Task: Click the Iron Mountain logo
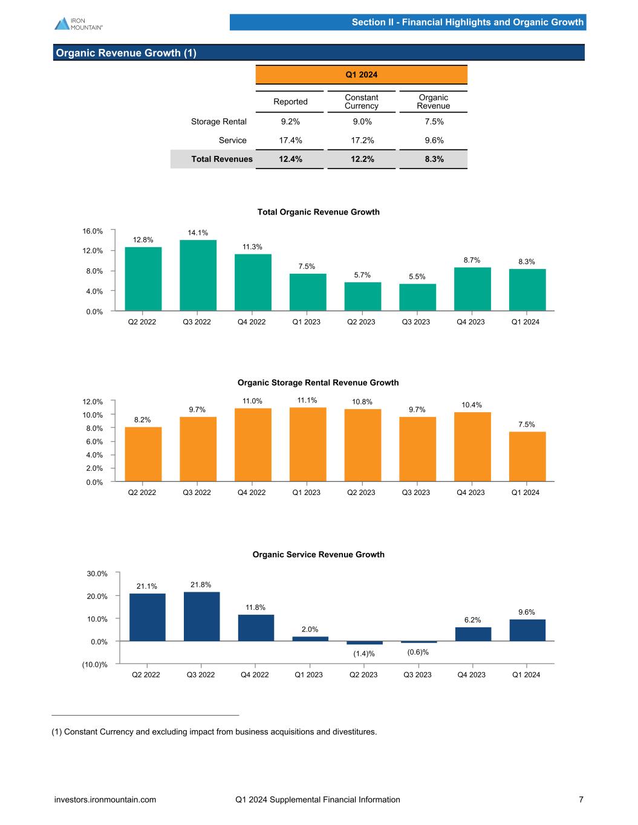click(x=78, y=24)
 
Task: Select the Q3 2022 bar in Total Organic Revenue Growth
click(x=198, y=276)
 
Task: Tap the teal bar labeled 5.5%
click(x=417, y=297)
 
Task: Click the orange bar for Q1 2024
click(x=527, y=457)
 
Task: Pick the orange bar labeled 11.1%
click(x=308, y=445)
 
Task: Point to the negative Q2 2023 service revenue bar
click(x=365, y=642)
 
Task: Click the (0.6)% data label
click(x=418, y=652)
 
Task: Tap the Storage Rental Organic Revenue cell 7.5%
click(x=434, y=121)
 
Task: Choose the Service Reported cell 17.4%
click(x=290, y=140)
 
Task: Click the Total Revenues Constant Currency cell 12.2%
click(x=362, y=159)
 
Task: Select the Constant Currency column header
click(x=362, y=102)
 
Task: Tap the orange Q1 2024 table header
click(x=362, y=75)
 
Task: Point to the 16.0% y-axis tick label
click(x=93, y=231)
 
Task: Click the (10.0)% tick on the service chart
click(x=96, y=665)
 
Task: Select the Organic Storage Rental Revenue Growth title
click(x=318, y=383)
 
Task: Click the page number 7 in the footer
click(x=581, y=800)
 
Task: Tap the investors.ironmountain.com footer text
click(x=105, y=800)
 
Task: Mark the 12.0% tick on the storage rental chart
click(x=93, y=401)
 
